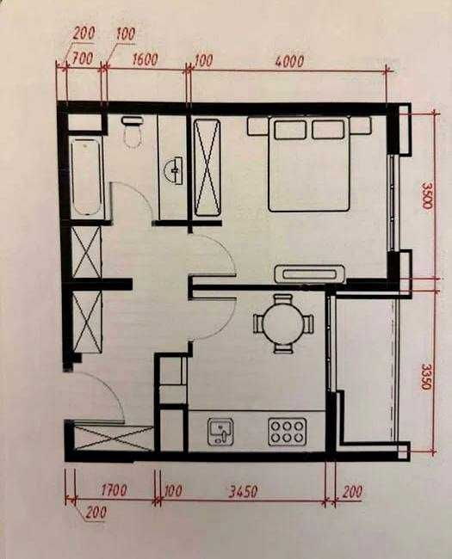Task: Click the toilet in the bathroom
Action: (x=133, y=133)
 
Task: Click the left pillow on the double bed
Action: (x=289, y=130)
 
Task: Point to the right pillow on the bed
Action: (x=328, y=130)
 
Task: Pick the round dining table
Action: (x=282, y=322)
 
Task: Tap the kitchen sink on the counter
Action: (x=220, y=431)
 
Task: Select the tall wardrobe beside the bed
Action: (x=207, y=167)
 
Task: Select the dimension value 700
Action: (x=83, y=60)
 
